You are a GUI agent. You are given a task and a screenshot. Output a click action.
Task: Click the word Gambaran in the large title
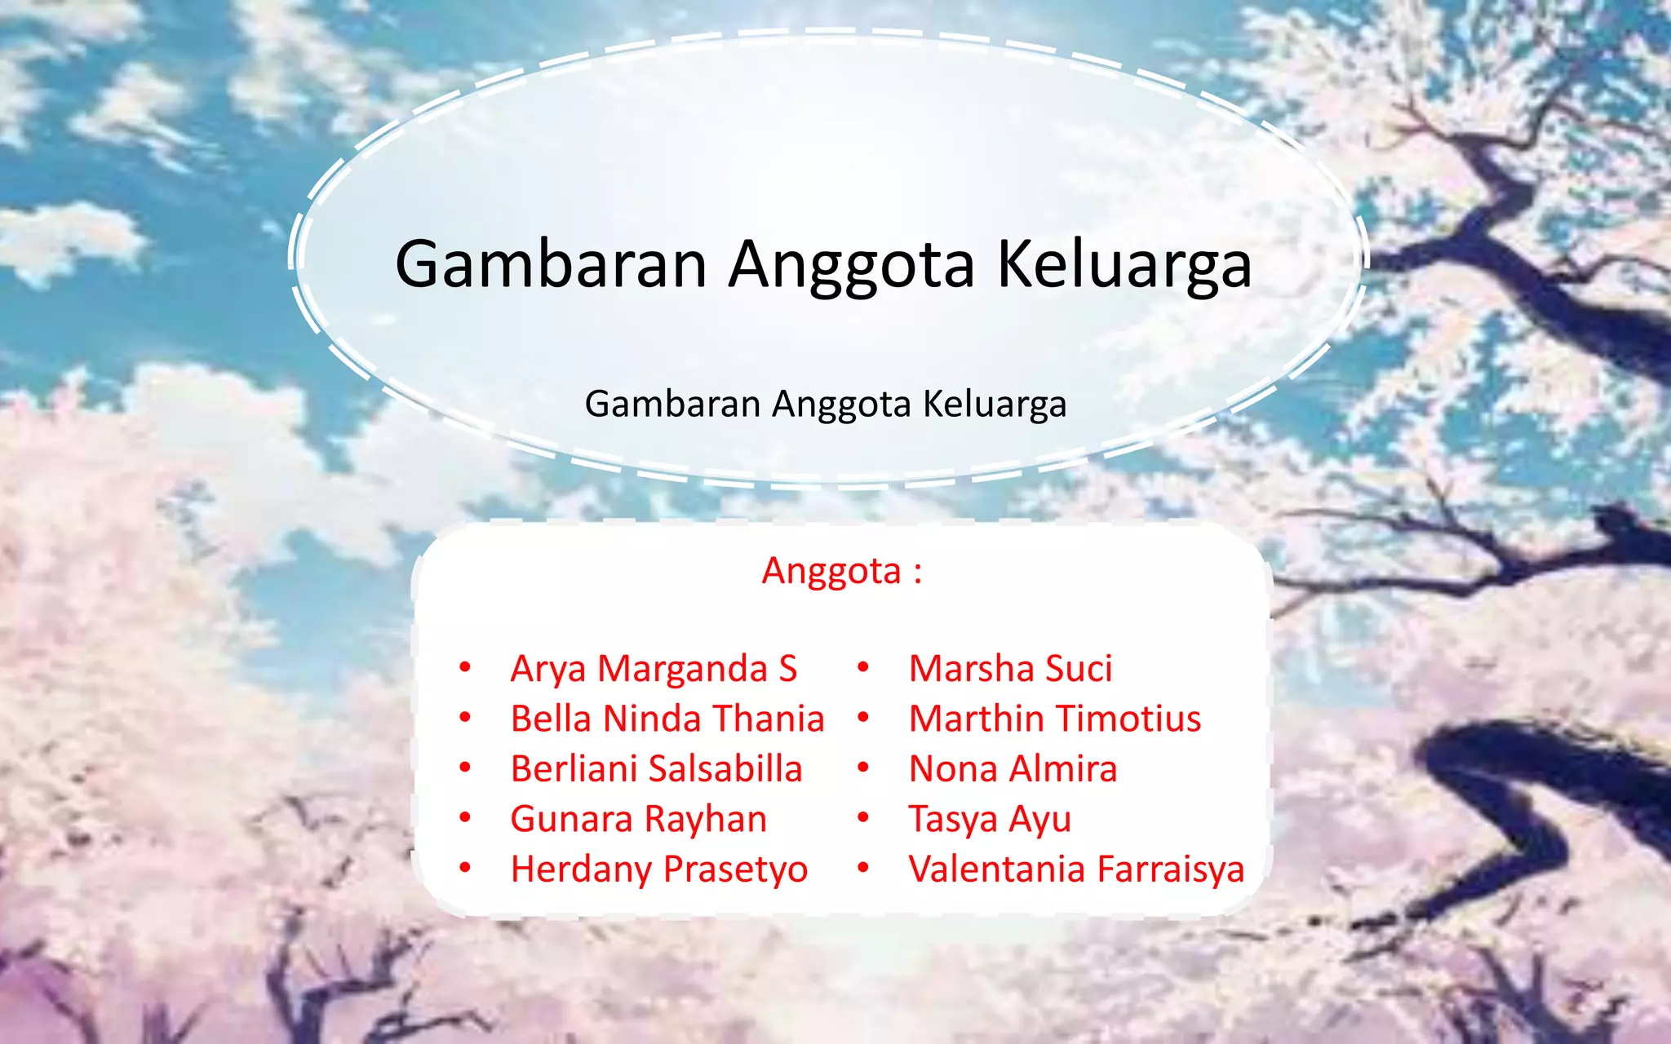coord(551,264)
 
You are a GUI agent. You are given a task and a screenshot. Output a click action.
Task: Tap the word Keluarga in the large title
coord(1124,264)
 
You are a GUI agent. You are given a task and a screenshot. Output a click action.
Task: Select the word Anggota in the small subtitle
coord(840,404)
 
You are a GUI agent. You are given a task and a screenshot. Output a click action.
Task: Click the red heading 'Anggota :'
coord(841,571)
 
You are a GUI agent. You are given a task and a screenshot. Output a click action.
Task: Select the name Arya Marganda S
coord(654,669)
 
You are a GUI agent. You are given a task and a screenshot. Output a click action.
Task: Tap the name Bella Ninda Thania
coord(667,719)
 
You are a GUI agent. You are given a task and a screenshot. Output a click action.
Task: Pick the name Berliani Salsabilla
coord(656,769)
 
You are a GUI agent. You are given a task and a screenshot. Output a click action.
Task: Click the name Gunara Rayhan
coord(638,819)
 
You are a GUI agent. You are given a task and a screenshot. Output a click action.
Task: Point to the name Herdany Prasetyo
coord(658,869)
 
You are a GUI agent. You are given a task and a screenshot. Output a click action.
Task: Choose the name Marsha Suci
coord(1010,669)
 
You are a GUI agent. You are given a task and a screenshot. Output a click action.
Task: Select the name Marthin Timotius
coord(1054,719)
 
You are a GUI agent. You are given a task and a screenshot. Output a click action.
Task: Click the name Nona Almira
coord(1013,769)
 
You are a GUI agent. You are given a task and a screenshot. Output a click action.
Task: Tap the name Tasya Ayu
coord(989,819)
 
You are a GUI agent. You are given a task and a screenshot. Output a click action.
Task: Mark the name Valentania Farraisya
coord(1076,869)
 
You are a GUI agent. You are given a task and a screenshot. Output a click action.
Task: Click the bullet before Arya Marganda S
coord(464,668)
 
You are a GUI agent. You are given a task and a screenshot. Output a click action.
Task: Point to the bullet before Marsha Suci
coord(862,668)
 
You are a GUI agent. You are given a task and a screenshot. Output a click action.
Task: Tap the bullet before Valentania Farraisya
coord(862,868)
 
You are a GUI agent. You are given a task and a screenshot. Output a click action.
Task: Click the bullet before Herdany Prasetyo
coord(464,868)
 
